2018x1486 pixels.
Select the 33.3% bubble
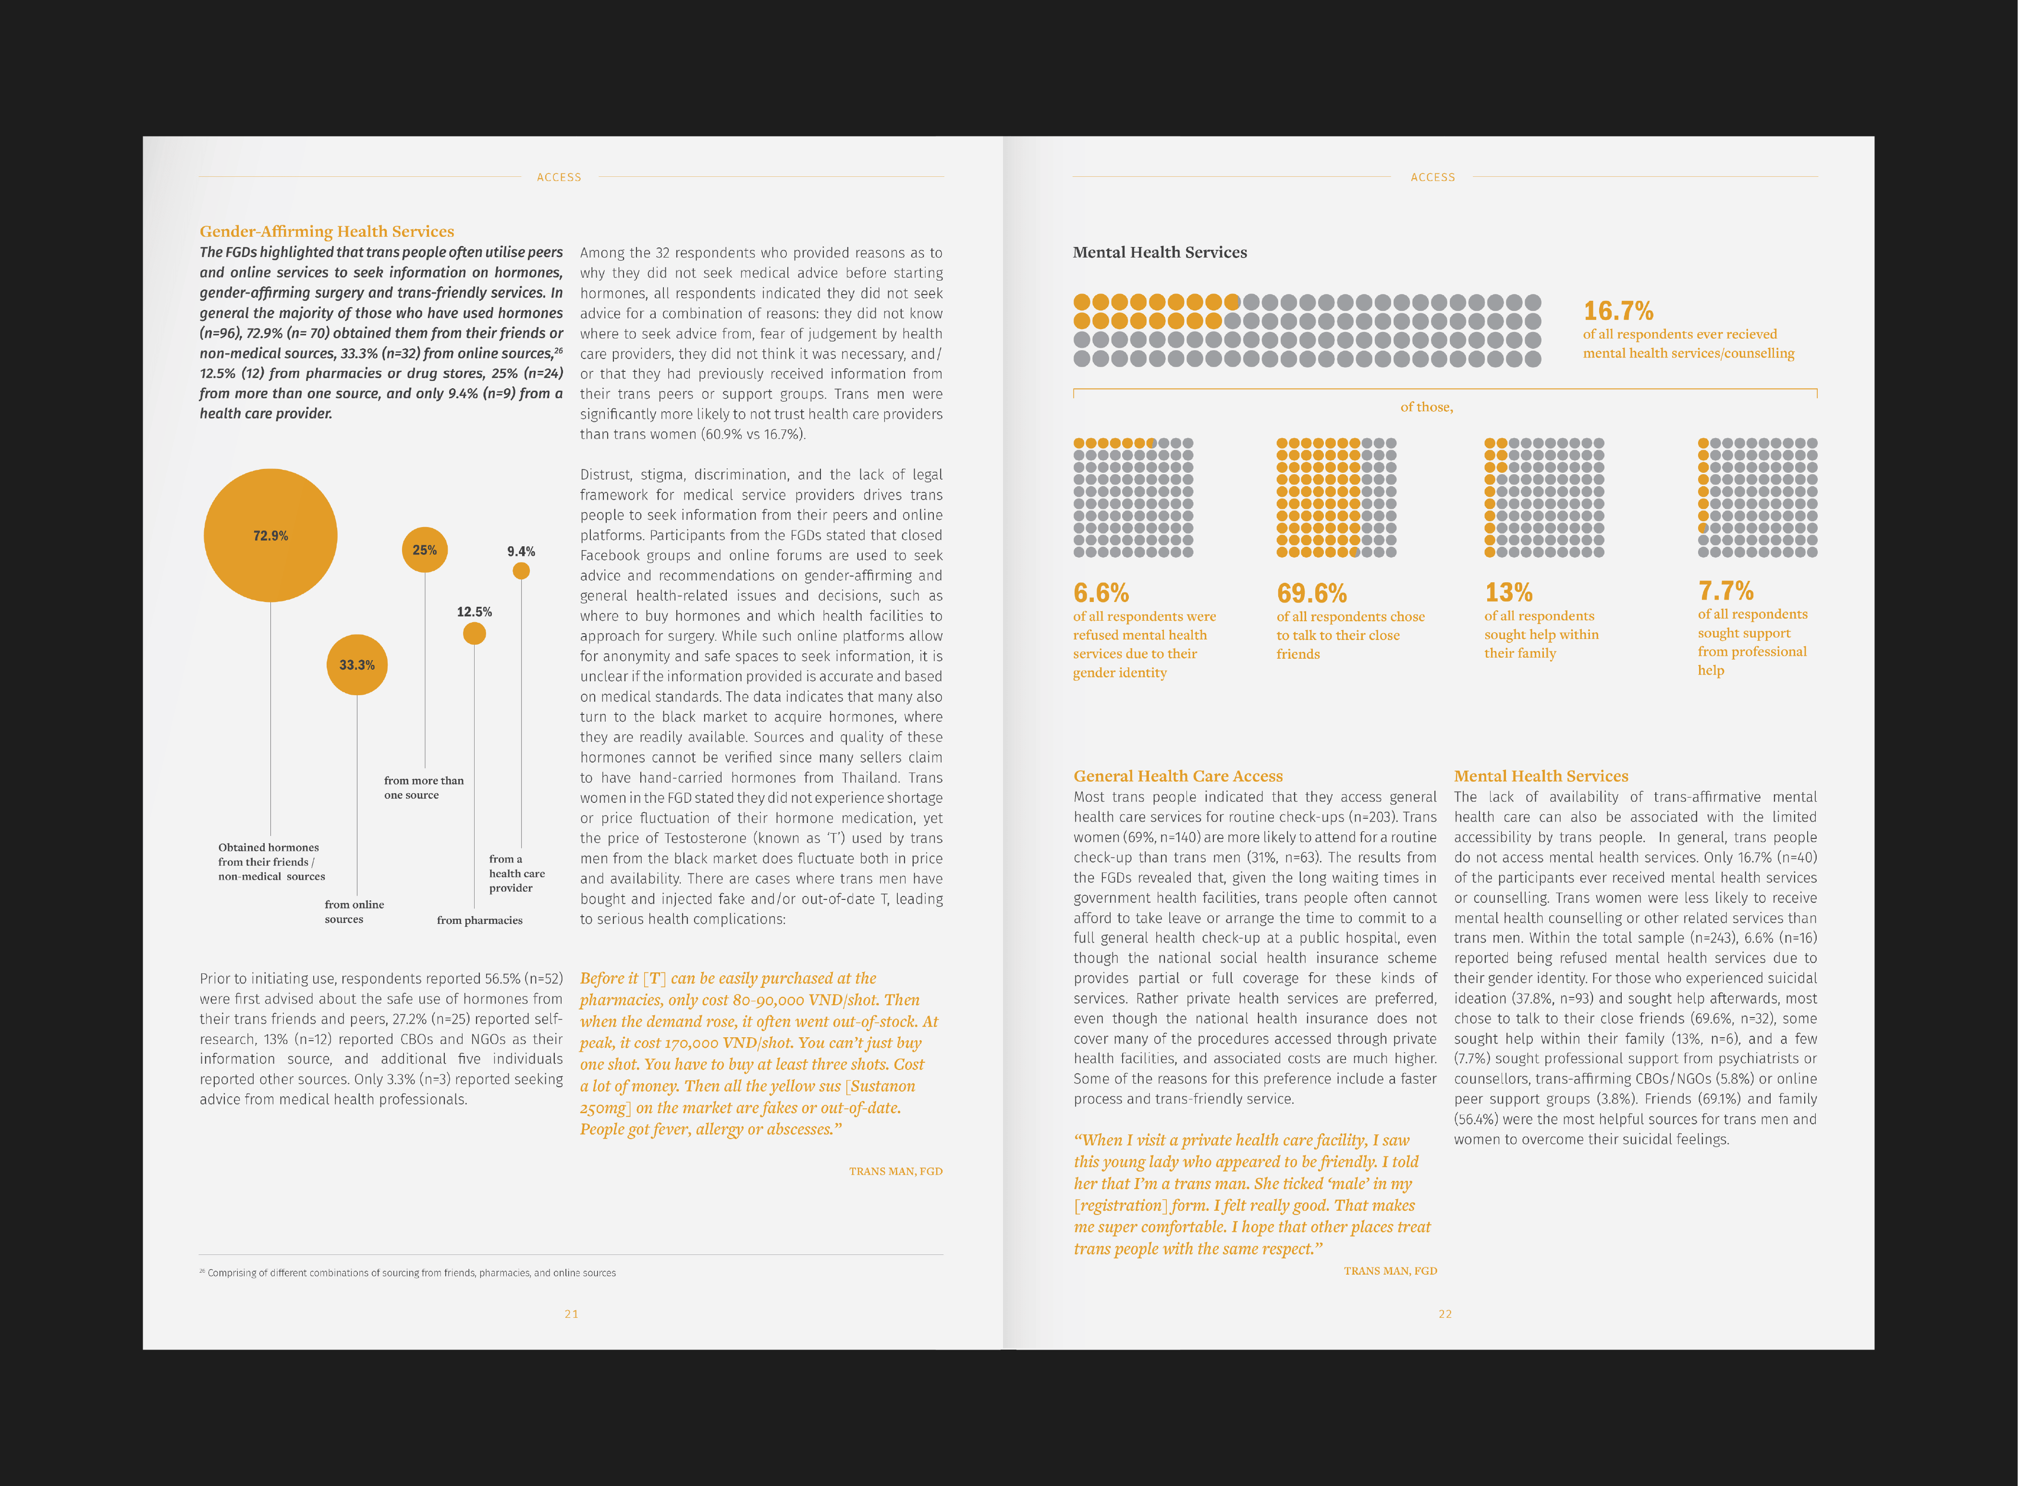pos(357,665)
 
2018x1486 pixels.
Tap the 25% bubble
pos(425,550)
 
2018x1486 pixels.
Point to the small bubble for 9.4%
pos(521,570)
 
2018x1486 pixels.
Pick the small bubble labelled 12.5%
pos(474,633)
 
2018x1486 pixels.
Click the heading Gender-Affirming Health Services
pos(327,231)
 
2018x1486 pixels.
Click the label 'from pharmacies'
pos(479,920)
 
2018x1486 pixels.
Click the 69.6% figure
pos(1311,594)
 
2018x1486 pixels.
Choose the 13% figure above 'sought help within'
pos(1508,593)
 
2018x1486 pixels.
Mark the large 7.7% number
pos(1725,591)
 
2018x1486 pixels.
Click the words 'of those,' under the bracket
pos(1426,407)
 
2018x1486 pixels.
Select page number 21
pos(571,1314)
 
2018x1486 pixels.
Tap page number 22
pos(1445,1314)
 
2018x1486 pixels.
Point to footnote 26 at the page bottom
pos(408,1273)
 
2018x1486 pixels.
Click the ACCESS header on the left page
pos(559,177)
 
